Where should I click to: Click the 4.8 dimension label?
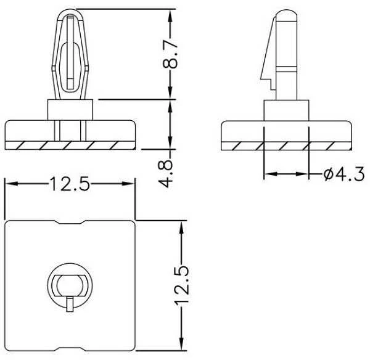166,174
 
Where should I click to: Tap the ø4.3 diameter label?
344,174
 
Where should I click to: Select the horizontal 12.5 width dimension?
70,184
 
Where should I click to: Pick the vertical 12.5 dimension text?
182,285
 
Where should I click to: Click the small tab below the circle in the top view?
70,305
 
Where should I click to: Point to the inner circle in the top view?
70,285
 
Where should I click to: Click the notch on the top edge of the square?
70,223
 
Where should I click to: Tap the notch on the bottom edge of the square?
70,349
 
